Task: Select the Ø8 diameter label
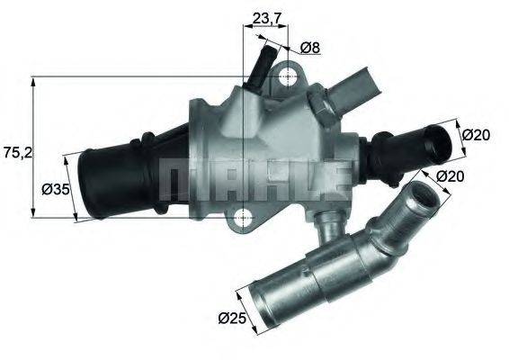click(x=310, y=47)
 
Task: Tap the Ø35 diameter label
click(x=57, y=190)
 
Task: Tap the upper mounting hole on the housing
click(x=287, y=77)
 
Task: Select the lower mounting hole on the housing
click(x=242, y=216)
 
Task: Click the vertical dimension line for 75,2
click(x=33, y=148)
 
